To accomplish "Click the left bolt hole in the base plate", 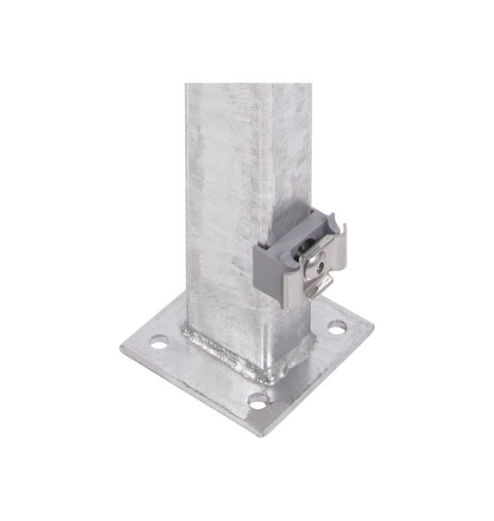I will click(x=158, y=342).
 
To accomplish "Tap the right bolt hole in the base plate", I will click(x=336, y=327).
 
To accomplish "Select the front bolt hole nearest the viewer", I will click(x=258, y=401).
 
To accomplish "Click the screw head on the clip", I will click(x=314, y=256).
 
